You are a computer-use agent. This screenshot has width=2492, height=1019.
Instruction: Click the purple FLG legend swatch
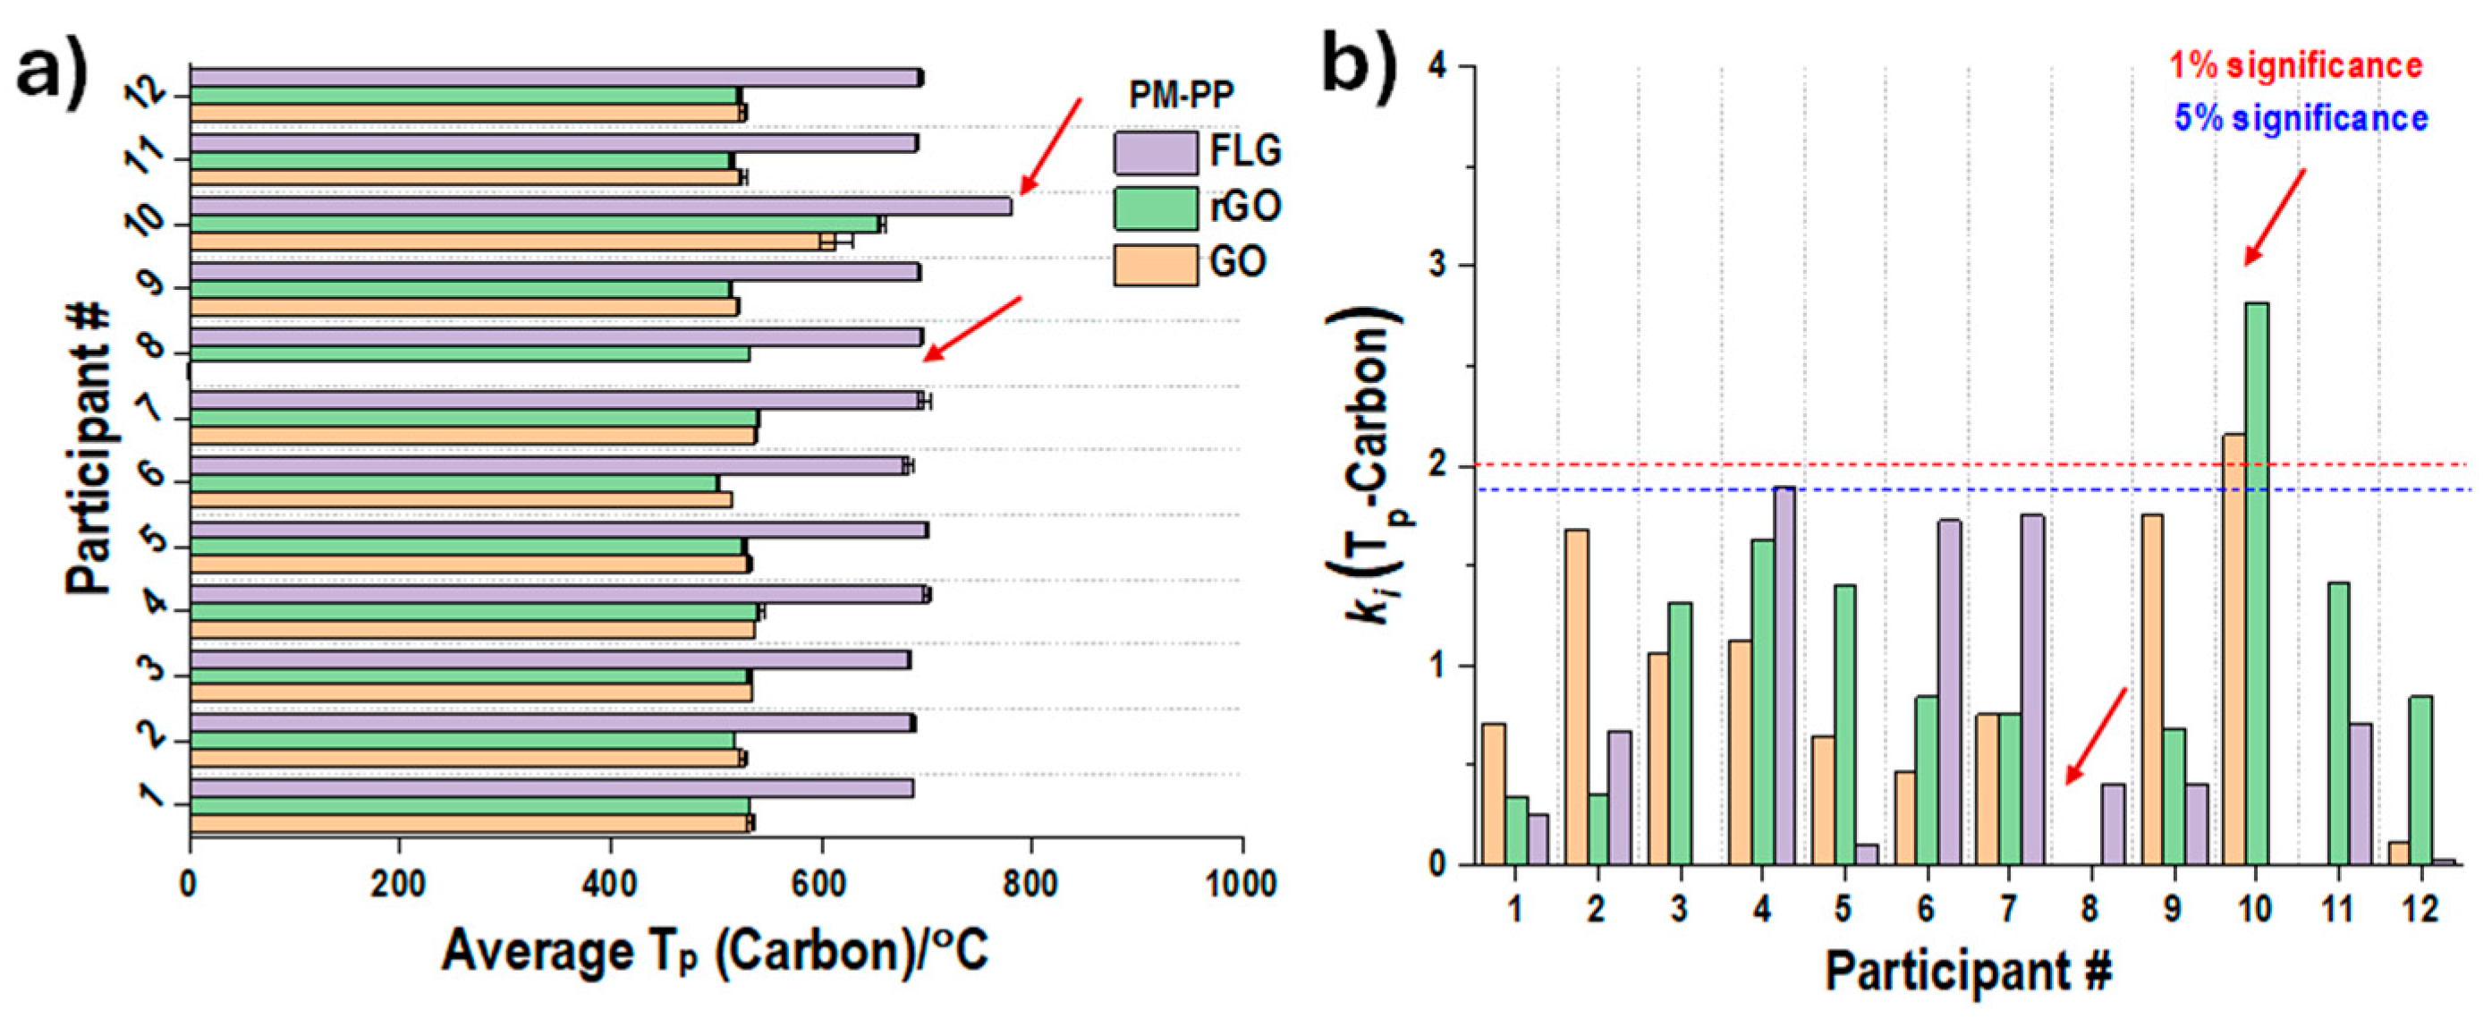pyautogui.click(x=1155, y=153)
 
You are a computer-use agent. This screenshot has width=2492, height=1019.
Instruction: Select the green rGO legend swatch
pyautogui.click(x=1155, y=208)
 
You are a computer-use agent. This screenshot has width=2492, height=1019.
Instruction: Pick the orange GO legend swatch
pyautogui.click(x=1155, y=264)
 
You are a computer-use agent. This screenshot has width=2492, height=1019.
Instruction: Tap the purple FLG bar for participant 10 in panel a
pyautogui.click(x=600, y=206)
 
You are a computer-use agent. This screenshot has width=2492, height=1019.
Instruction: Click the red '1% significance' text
pyautogui.click(x=2295, y=66)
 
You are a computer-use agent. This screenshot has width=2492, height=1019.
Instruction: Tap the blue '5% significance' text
pyautogui.click(x=2301, y=118)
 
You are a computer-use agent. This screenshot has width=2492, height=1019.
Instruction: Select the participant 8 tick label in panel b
pyautogui.click(x=2090, y=909)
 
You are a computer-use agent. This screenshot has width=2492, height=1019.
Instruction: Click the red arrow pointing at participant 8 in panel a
pyautogui.click(x=971, y=329)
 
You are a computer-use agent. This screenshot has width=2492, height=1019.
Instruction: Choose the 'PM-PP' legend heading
pyautogui.click(x=1182, y=95)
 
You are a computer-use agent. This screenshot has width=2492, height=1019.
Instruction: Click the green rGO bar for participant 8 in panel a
pyautogui.click(x=470, y=354)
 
